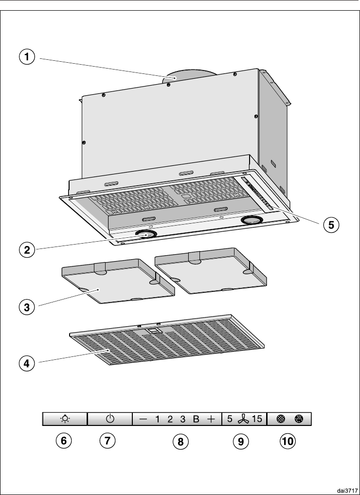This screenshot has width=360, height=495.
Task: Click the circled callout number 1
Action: point(27,58)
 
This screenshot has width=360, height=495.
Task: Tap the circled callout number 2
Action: point(27,250)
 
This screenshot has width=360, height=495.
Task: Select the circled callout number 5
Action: point(331,225)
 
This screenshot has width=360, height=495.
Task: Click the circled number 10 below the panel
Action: point(288,441)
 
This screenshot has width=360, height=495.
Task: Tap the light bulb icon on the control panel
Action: point(65,419)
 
